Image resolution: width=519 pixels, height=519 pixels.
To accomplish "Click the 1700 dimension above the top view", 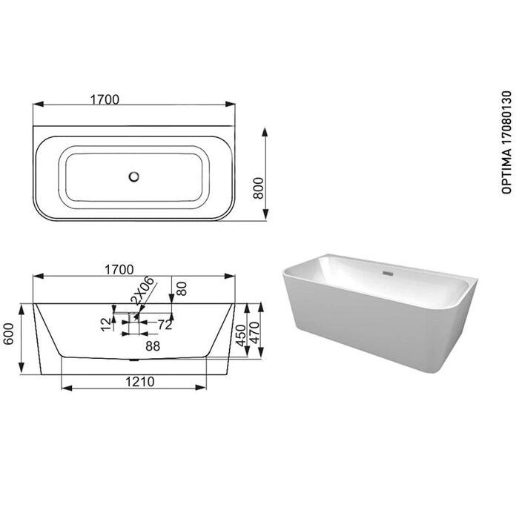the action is point(105,99).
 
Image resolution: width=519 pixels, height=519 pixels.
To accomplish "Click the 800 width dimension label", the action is point(258,188).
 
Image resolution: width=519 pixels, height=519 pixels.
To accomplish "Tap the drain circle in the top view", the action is point(133,176).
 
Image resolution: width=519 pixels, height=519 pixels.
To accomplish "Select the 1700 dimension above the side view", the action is point(119,270).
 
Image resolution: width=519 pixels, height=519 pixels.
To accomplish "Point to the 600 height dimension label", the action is point(9,334).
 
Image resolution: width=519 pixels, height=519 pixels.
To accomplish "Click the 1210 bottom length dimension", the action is point(139,382).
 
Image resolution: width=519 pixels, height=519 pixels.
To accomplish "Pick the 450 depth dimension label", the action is point(241,335).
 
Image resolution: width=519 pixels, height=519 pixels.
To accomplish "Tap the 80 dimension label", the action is point(182,288).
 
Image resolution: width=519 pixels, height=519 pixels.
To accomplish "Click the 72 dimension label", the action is point(165,325).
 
